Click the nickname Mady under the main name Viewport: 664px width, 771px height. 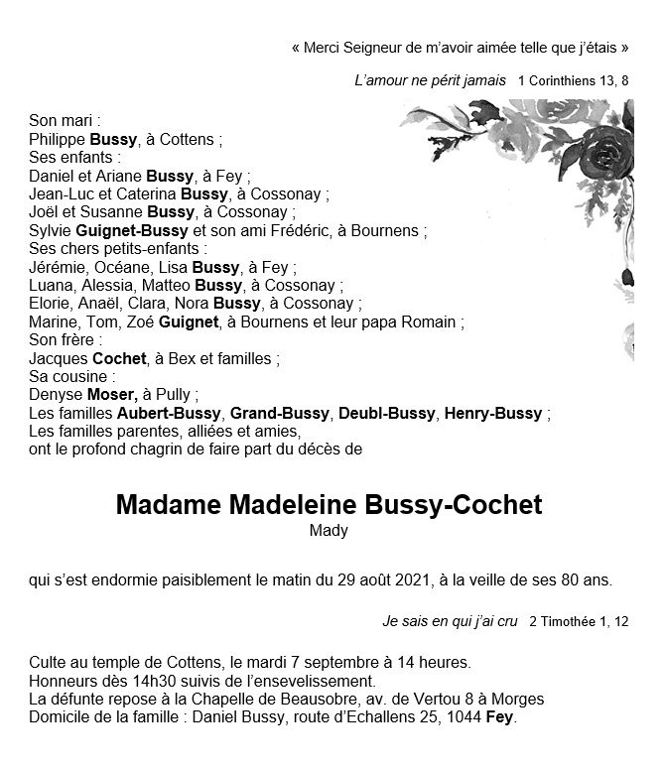pos(329,531)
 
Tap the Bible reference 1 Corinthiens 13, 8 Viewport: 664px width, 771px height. pos(573,79)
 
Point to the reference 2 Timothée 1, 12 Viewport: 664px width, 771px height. pos(579,621)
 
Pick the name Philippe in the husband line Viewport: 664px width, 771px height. pos(58,140)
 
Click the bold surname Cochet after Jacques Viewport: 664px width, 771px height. pos(119,358)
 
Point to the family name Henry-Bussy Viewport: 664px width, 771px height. pos(493,413)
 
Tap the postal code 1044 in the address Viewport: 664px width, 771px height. pos(463,716)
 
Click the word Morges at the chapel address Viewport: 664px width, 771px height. pos(521,699)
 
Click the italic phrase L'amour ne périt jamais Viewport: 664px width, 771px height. pos(429,79)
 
